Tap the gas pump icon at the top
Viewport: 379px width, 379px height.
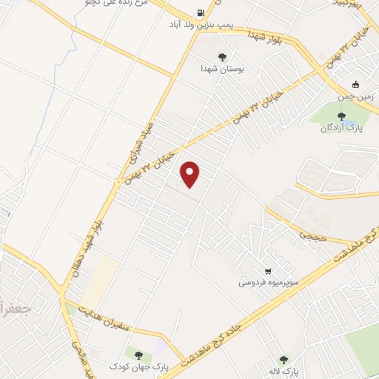click(x=201, y=13)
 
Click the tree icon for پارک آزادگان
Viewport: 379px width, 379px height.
click(x=341, y=115)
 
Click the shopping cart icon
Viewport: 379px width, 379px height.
click(x=268, y=271)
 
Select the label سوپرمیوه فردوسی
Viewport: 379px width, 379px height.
click(x=268, y=283)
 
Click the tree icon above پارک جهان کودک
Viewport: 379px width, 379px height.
click(x=138, y=355)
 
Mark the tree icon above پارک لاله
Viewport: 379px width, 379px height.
click(x=283, y=359)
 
